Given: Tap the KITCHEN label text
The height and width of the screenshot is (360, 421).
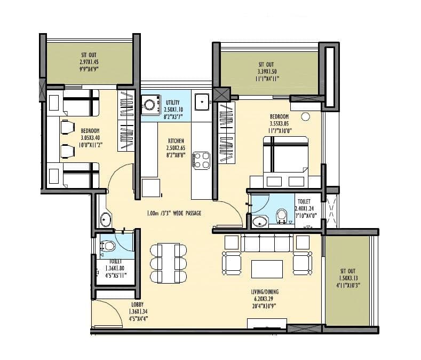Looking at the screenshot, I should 176,141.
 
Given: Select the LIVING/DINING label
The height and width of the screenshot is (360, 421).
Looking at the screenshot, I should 266,292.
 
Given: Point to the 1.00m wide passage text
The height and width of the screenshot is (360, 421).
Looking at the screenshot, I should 174,213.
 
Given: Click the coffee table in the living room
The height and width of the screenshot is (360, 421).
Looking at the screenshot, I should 266,268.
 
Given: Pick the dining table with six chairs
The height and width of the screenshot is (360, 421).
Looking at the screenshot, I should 168,263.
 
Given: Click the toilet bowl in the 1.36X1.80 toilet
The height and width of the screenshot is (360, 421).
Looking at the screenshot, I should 108,246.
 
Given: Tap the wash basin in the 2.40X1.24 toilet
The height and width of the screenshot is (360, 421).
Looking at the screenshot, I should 260,221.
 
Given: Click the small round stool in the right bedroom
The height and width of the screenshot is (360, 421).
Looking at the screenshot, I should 306,116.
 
